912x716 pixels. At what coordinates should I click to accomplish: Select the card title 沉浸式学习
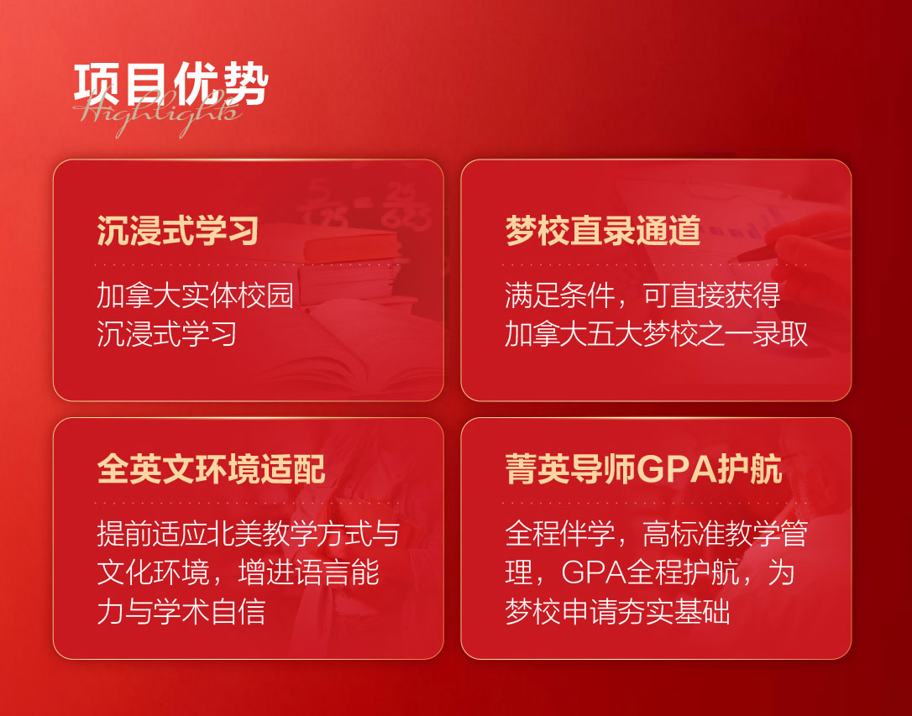click(177, 229)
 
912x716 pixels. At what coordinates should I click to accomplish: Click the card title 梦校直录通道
click(603, 229)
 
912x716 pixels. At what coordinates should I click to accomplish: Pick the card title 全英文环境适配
click(212, 468)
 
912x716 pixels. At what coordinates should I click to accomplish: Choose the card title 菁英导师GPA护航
click(643, 468)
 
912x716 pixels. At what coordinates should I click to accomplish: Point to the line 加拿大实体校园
click(195, 295)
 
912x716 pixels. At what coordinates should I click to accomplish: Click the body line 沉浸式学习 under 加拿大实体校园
click(167, 334)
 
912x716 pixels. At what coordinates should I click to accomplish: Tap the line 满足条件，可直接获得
click(642, 295)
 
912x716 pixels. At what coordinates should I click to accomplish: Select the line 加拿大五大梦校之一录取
click(656, 334)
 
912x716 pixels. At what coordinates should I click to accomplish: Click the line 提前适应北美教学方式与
click(248, 533)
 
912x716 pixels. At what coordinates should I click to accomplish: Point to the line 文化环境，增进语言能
click(238, 572)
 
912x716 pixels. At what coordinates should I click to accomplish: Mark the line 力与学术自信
click(181, 611)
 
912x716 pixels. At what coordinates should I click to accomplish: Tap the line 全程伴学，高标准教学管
click(656, 533)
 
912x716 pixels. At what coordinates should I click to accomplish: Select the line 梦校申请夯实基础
click(617, 611)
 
